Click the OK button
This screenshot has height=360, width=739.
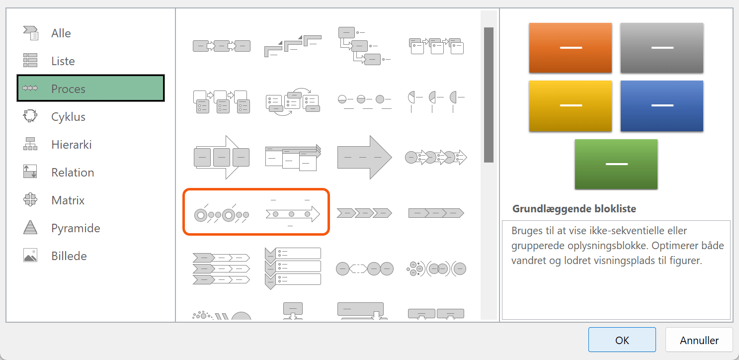click(622, 340)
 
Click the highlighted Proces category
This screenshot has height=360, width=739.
click(91, 89)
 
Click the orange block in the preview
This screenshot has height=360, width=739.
click(571, 48)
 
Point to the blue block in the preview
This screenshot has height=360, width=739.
click(662, 106)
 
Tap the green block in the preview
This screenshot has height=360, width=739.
click(616, 164)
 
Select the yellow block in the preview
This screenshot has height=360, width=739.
click(571, 106)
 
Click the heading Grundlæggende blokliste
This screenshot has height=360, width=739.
click(574, 208)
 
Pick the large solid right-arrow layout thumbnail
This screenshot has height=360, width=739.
click(364, 157)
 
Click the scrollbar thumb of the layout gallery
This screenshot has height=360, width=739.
click(489, 95)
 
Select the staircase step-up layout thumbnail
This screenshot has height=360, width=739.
click(293, 46)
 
